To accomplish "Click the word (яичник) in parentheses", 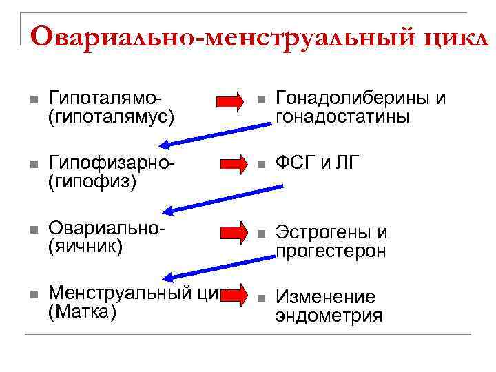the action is pyautogui.click(x=85, y=246).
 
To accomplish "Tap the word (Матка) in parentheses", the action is pyautogui.click(x=83, y=312).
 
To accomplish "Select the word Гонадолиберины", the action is pyautogui.click(x=353, y=99).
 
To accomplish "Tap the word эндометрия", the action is pyautogui.click(x=329, y=316).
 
